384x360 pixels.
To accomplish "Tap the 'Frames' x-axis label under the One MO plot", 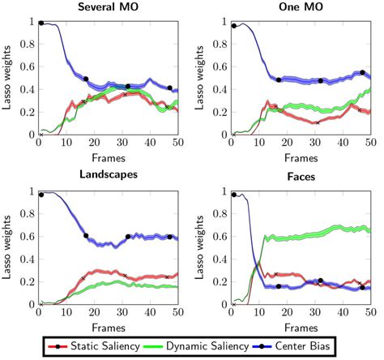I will click(x=300, y=156).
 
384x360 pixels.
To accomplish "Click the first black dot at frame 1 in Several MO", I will click(x=41, y=23).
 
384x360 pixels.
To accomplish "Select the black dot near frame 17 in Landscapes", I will click(x=85, y=236).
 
